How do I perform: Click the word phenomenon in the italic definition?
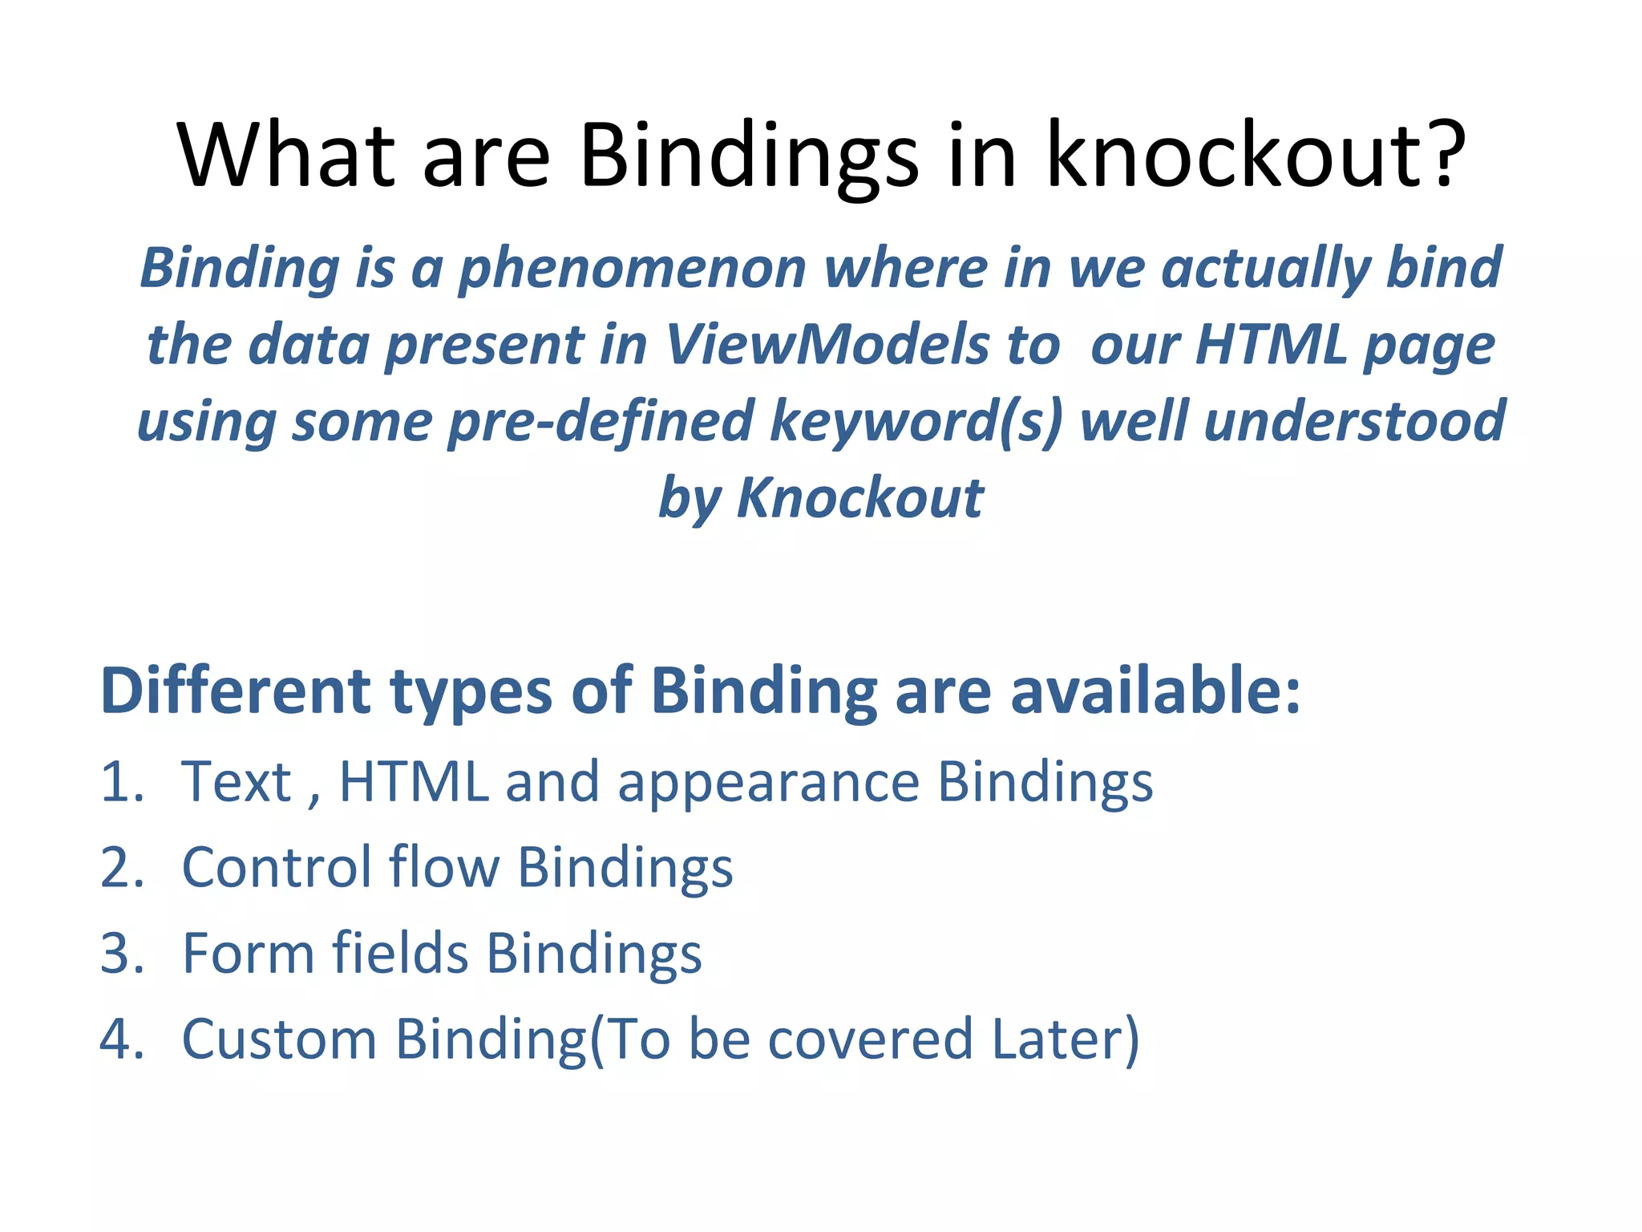click(632, 269)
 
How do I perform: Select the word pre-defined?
click(601, 422)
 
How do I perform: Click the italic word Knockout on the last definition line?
click(859, 499)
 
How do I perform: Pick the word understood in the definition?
click(1354, 422)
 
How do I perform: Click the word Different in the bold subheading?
click(236, 691)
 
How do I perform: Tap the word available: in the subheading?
click(1155, 691)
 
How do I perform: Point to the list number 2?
click(122, 868)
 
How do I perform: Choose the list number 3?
click(122, 954)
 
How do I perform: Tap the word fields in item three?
click(400, 954)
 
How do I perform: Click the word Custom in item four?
click(279, 1039)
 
